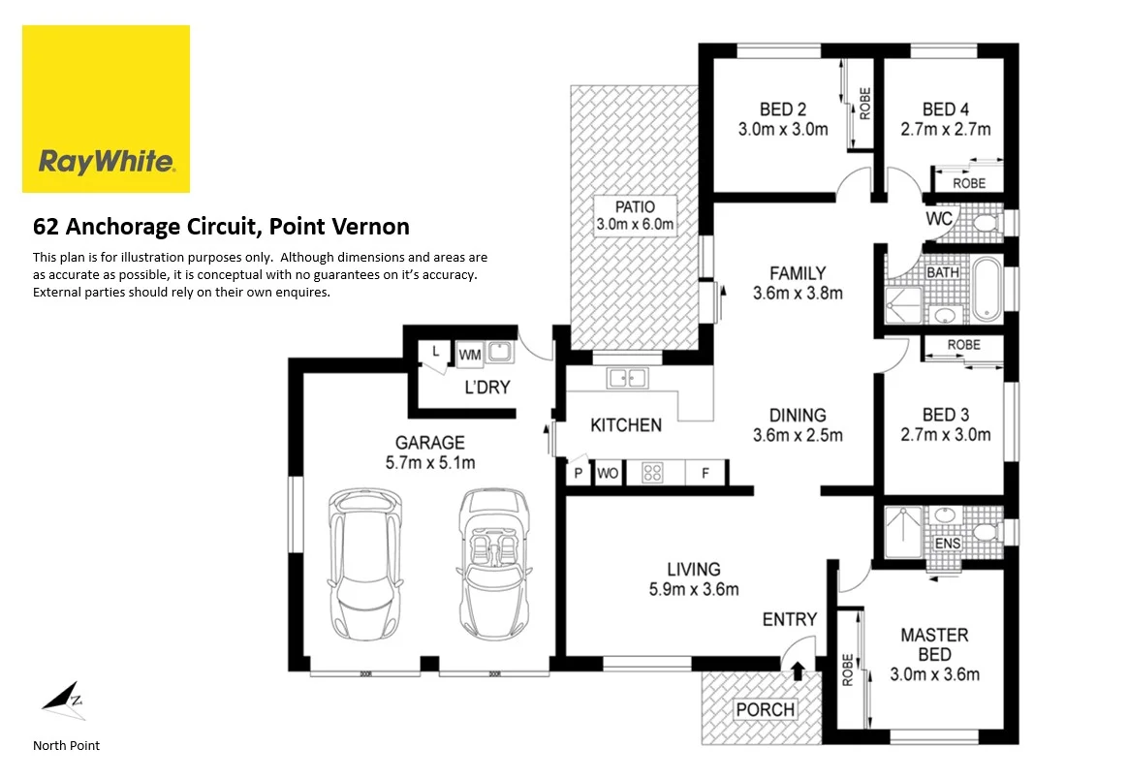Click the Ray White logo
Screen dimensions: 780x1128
pos(106,109)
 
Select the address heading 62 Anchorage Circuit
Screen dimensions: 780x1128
pos(221,227)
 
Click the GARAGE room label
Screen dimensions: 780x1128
pos(429,443)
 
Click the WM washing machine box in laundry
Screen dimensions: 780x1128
pos(469,355)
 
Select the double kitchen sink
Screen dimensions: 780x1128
pos(627,378)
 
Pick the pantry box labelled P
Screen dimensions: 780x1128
pos(579,474)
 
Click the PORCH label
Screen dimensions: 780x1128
pos(765,709)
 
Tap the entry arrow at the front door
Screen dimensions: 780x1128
pos(797,670)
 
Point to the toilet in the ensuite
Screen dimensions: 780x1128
pos(985,532)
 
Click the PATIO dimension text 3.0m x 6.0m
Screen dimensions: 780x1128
pos(635,225)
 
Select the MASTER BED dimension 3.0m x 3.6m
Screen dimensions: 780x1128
pos(934,674)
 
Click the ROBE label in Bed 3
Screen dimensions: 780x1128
pos(963,345)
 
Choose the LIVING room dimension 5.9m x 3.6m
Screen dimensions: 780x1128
pos(694,589)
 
